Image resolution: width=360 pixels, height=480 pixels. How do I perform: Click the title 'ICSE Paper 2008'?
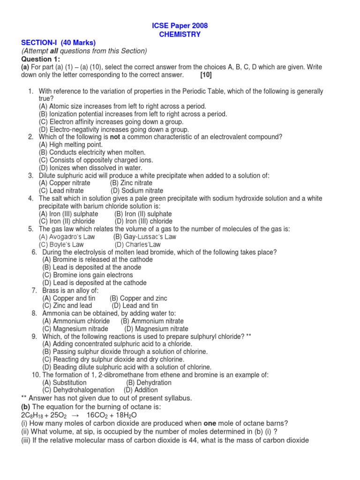(x=180, y=26)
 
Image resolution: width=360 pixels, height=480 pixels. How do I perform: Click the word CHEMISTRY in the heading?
(x=180, y=34)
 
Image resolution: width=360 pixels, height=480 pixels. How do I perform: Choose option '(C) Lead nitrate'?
(x=61, y=191)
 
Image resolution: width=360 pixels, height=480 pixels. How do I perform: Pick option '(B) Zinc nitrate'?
(x=131, y=183)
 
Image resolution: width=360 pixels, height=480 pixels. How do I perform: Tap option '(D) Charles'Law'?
(x=137, y=245)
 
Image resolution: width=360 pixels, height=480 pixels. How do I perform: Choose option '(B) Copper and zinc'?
(x=138, y=298)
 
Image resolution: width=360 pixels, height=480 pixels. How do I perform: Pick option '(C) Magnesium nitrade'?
(x=75, y=329)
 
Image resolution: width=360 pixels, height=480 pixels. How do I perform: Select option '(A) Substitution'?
(x=65, y=382)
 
